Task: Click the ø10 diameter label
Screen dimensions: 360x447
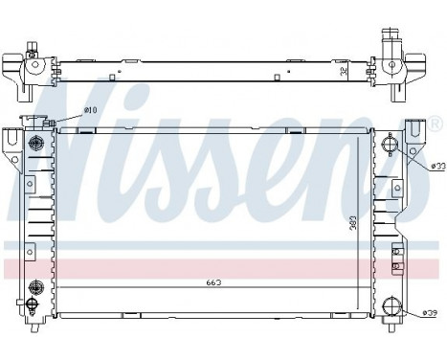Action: click(x=90, y=111)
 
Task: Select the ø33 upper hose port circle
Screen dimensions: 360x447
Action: click(x=390, y=146)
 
